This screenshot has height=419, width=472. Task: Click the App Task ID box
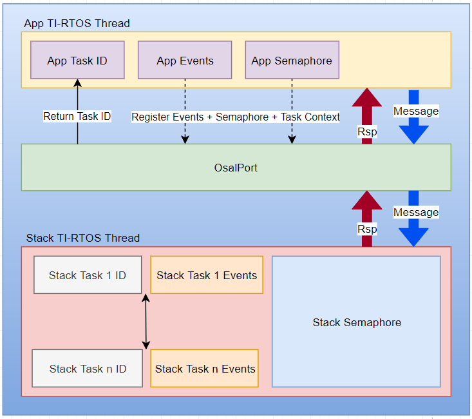[x=77, y=61]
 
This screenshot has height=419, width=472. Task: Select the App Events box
[x=185, y=61]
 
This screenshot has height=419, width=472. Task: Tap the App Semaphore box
[x=292, y=61]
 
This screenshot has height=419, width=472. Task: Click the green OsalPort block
[x=236, y=168]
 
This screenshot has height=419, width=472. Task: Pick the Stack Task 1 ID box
[x=88, y=275]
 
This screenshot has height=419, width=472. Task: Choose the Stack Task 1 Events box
[x=207, y=275]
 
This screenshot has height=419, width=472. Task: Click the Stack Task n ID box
[x=88, y=369]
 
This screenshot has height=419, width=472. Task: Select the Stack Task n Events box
[x=205, y=369]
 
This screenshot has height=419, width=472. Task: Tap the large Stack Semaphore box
[x=356, y=322]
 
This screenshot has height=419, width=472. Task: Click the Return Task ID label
[x=77, y=117]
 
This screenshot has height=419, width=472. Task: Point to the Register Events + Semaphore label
[x=236, y=117]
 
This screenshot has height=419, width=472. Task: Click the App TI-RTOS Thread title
[x=77, y=24]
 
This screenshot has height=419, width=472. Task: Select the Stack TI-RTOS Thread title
[x=82, y=238]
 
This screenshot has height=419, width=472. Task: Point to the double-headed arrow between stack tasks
[x=146, y=321]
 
